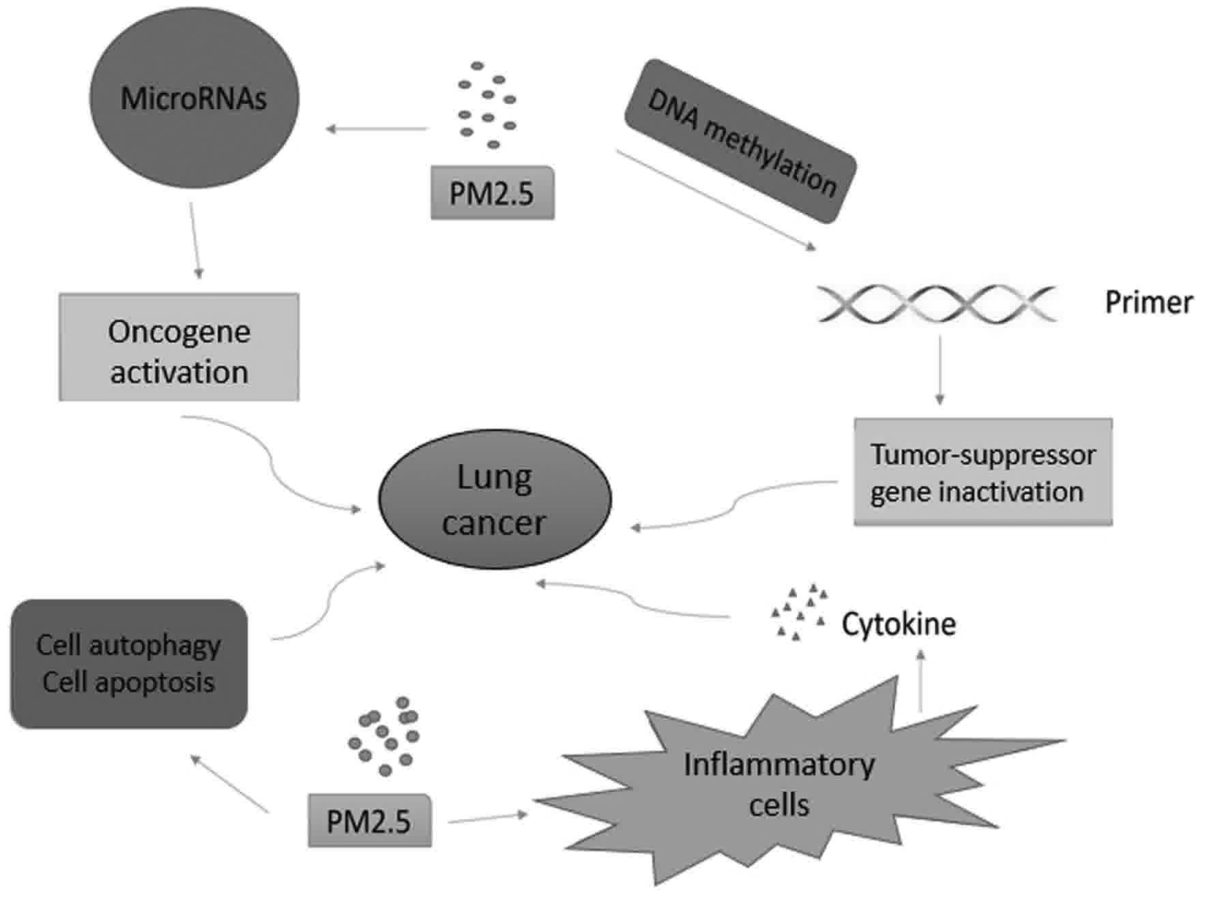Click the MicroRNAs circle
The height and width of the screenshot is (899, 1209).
[x=194, y=98]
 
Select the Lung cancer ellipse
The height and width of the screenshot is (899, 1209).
[x=495, y=499]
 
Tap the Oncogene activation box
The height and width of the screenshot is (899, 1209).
[x=179, y=347]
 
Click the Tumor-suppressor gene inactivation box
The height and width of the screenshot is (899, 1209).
[x=982, y=472]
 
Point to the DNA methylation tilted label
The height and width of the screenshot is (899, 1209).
[x=741, y=141]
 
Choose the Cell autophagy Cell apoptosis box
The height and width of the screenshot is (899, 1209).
[x=128, y=663]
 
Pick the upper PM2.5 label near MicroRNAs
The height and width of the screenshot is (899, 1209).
[x=492, y=193]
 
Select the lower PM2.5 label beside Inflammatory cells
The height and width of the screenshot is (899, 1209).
[x=369, y=821]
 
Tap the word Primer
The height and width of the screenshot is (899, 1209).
[x=1148, y=302]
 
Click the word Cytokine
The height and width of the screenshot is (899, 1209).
[x=898, y=624]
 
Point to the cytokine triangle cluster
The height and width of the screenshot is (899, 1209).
[x=798, y=612]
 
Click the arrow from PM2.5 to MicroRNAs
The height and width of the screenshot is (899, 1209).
[x=377, y=128]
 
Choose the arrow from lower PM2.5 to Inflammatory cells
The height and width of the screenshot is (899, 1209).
[x=488, y=817]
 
